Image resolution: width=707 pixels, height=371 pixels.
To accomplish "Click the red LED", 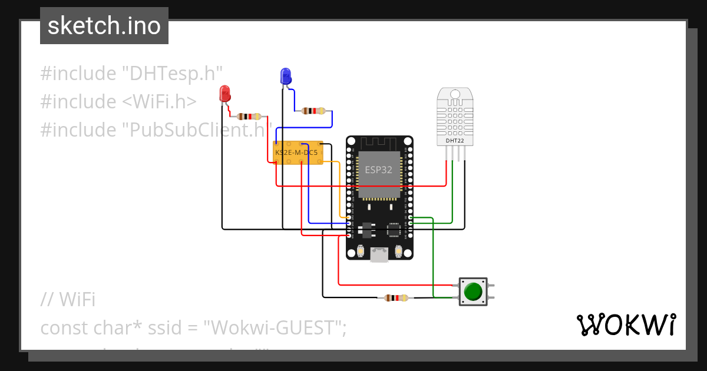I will pyautogui.click(x=224, y=93).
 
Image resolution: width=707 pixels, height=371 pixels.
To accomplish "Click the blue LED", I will pyautogui.click(x=286, y=76).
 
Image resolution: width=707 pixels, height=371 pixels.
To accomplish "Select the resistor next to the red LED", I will pyautogui.click(x=248, y=117).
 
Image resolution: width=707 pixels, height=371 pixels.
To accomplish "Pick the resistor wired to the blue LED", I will pyautogui.click(x=313, y=111).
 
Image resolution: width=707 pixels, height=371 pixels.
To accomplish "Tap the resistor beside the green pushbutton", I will pyautogui.click(x=395, y=298).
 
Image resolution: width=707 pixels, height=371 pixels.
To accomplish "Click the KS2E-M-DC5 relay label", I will pyautogui.click(x=296, y=153).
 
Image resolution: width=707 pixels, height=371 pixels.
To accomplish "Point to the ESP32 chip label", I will pyautogui.click(x=378, y=170).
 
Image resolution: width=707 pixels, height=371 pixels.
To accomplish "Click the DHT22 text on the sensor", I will pyautogui.click(x=454, y=141).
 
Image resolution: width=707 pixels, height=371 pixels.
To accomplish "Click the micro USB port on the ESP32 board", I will pyautogui.click(x=379, y=254).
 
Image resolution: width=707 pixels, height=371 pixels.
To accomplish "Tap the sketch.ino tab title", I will pyautogui.click(x=104, y=26).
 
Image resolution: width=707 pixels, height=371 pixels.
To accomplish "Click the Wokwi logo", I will pyautogui.click(x=625, y=325).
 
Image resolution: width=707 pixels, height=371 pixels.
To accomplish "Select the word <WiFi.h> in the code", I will pyautogui.click(x=159, y=101).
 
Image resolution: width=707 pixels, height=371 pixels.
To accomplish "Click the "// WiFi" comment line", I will pyautogui.click(x=68, y=299).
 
